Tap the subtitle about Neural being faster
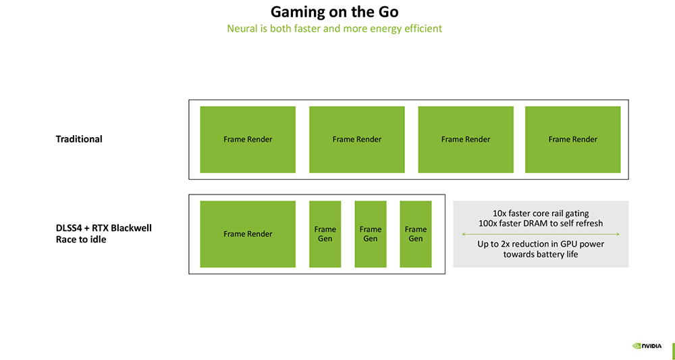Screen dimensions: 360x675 click(x=334, y=28)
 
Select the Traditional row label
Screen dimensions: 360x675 click(x=79, y=139)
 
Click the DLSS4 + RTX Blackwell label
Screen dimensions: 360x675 click(x=103, y=228)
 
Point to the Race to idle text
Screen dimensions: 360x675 click(x=81, y=239)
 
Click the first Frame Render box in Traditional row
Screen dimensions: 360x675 click(x=248, y=139)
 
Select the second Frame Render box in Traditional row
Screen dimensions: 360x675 click(x=356, y=139)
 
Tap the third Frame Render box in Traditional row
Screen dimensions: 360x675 click(x=466, y=139)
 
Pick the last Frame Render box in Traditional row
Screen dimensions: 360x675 click(x=572, y=139)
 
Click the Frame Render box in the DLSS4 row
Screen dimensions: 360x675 click(x=248, y=234)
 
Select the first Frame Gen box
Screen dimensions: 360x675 click(x=325, y=234)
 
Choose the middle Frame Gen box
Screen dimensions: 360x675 click(x=370, y=234)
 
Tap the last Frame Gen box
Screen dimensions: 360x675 click(x=415, y=234)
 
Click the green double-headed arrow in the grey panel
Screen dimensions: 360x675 click(x=541, y=234)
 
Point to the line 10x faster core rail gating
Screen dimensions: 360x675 click(x=541, y=213)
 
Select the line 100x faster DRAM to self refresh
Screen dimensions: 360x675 click(x=541, y=223)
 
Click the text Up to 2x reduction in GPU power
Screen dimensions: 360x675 click(x=541, y=244)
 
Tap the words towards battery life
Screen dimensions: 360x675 click(x=541, y=254)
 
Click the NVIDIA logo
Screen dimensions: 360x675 click(x=647, y=346)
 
